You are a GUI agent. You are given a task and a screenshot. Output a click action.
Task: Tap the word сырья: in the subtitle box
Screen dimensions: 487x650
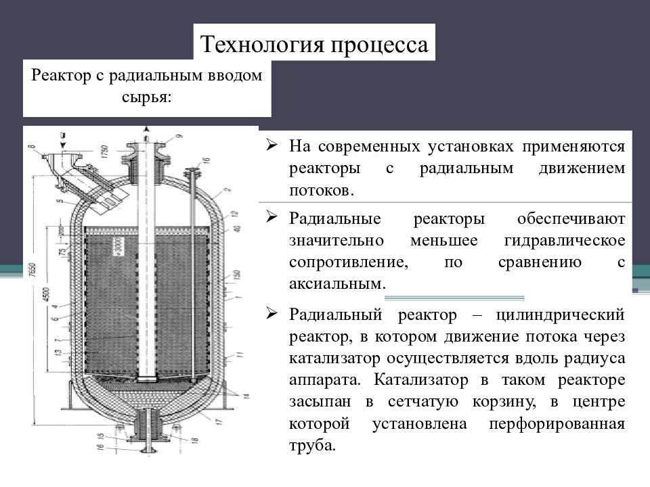click(147, 97)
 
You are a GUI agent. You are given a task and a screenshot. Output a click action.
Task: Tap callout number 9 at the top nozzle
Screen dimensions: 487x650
click(179, 137)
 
